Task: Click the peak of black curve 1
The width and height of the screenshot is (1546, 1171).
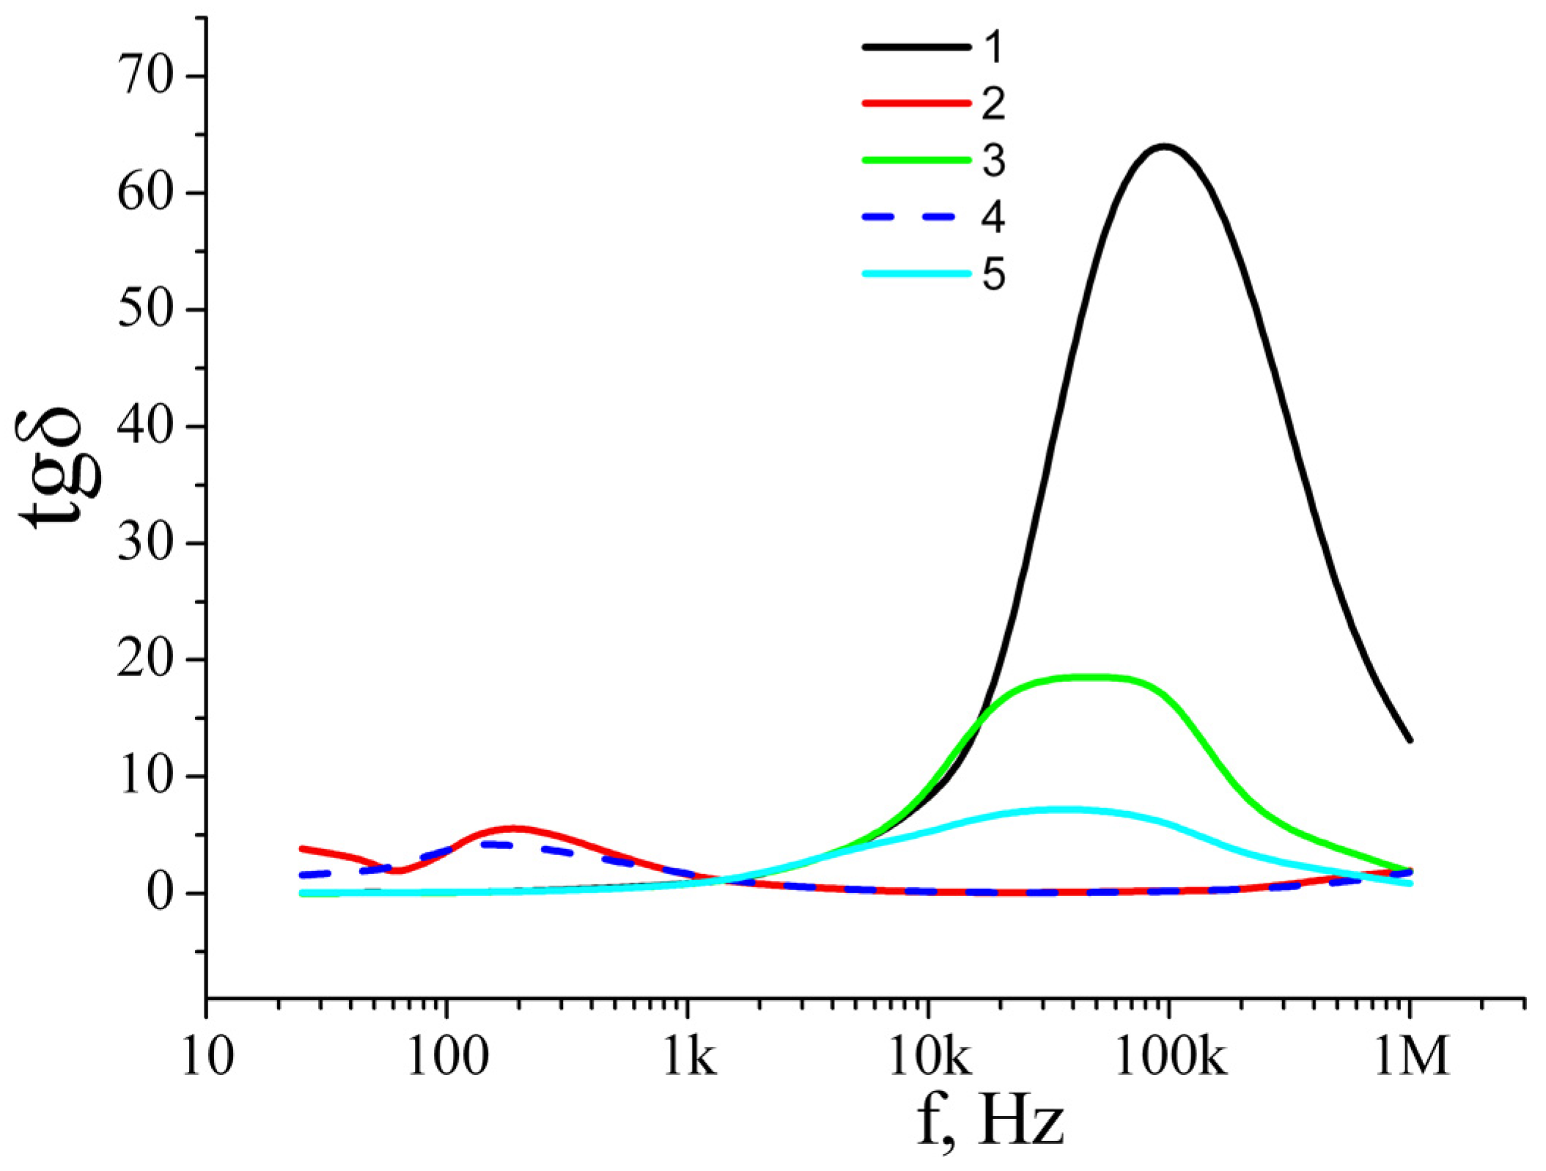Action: (1164, 146)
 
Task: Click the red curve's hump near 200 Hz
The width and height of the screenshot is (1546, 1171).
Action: (513, 829)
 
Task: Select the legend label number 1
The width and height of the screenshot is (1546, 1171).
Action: (993, 47)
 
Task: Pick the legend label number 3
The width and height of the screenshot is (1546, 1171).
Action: (993, 161)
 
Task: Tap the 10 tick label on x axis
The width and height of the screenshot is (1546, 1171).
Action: (207, 1059)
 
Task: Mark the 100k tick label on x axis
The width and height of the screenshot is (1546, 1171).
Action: (1170, 1059)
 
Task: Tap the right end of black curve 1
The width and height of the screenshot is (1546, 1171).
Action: (1409, 739)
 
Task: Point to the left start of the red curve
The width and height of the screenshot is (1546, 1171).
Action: (303, 848)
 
